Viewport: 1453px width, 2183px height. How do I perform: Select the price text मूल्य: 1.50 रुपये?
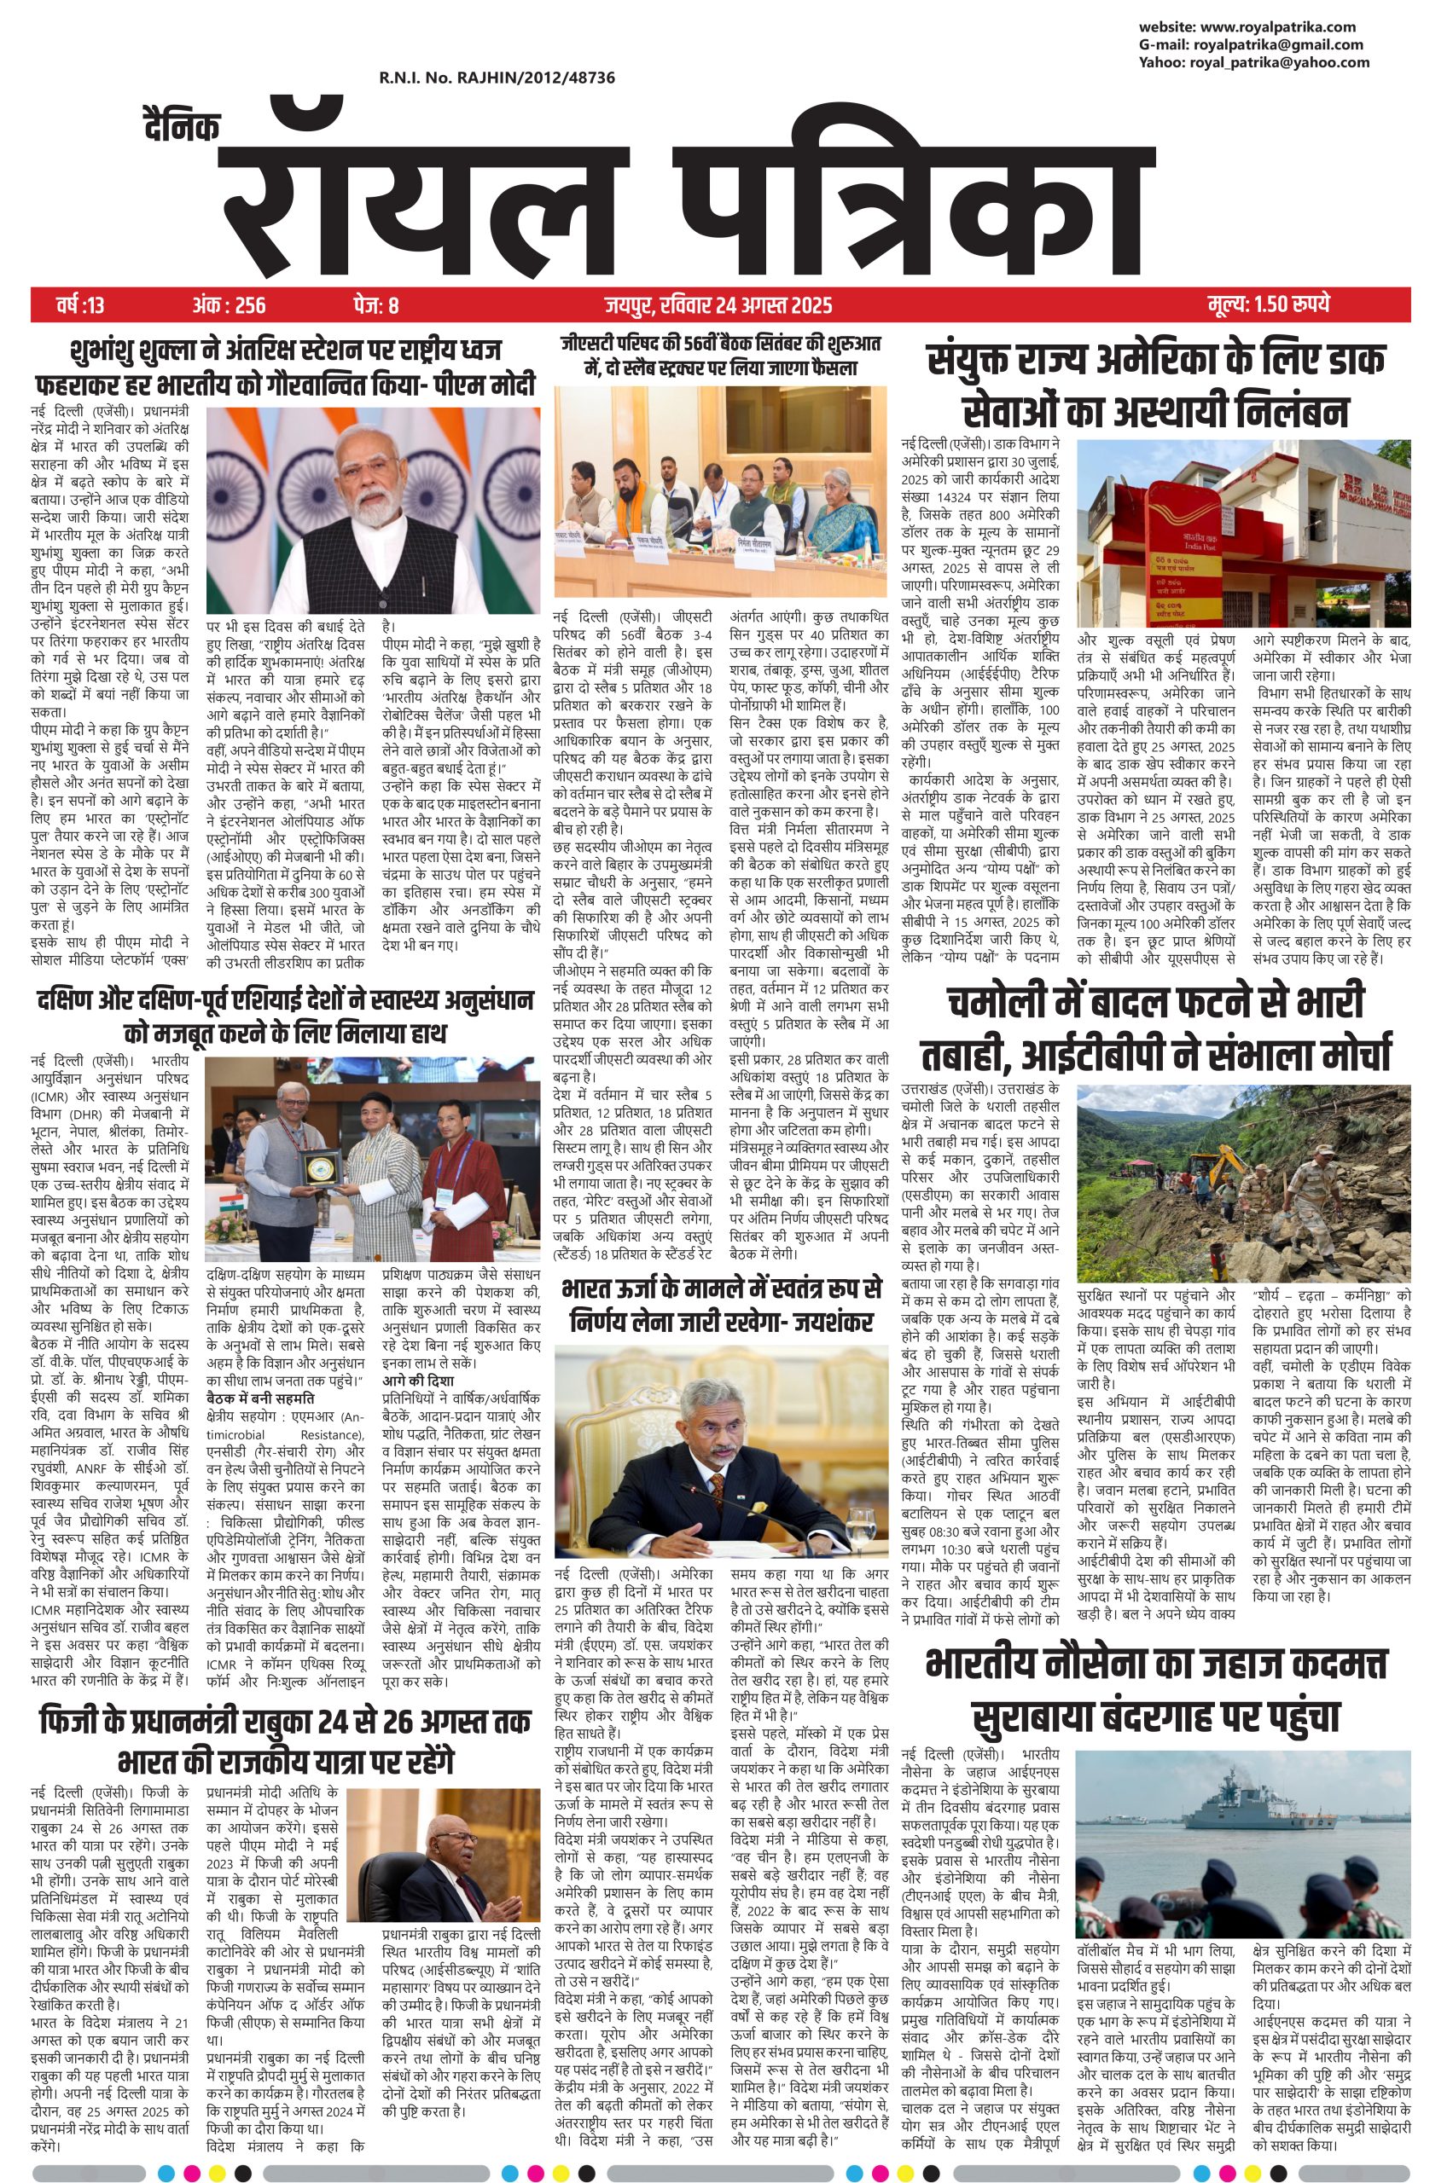click(x=1269, y=304)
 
